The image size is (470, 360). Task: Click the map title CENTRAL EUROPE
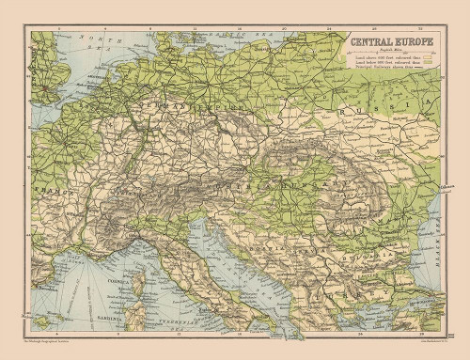point(385,41)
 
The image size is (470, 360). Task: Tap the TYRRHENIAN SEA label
point(183,318)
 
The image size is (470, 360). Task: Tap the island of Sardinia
point(138,315)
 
